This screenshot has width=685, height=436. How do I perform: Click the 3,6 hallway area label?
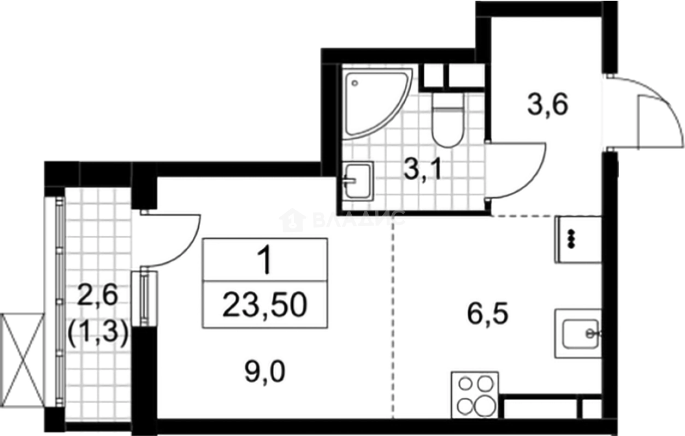548,103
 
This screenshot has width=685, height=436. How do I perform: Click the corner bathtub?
371,101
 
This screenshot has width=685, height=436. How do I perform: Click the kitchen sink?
578,333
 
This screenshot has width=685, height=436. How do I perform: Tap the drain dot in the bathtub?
355,84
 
